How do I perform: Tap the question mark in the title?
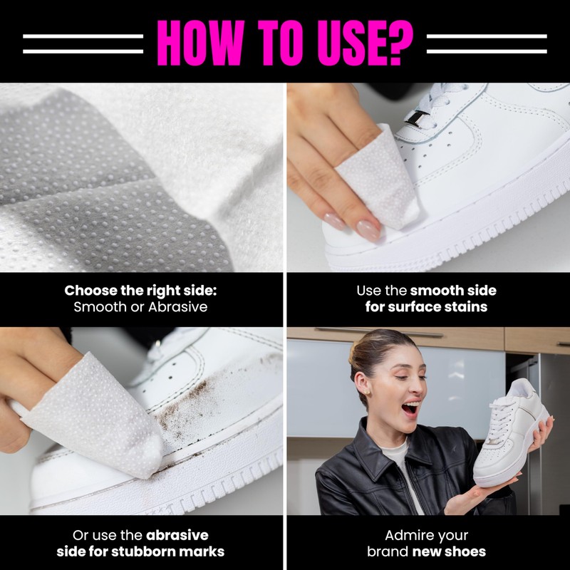click(398, 41)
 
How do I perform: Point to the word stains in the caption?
click(468, 307)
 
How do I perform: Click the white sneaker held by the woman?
click(515, 435)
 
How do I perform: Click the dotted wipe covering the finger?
click(107, 413)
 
